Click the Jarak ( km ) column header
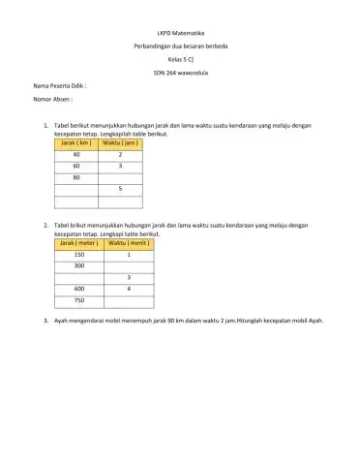click(76, 143)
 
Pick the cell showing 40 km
click(76, 155)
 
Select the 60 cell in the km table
click(76, 167)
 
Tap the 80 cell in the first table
click(76, 178)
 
